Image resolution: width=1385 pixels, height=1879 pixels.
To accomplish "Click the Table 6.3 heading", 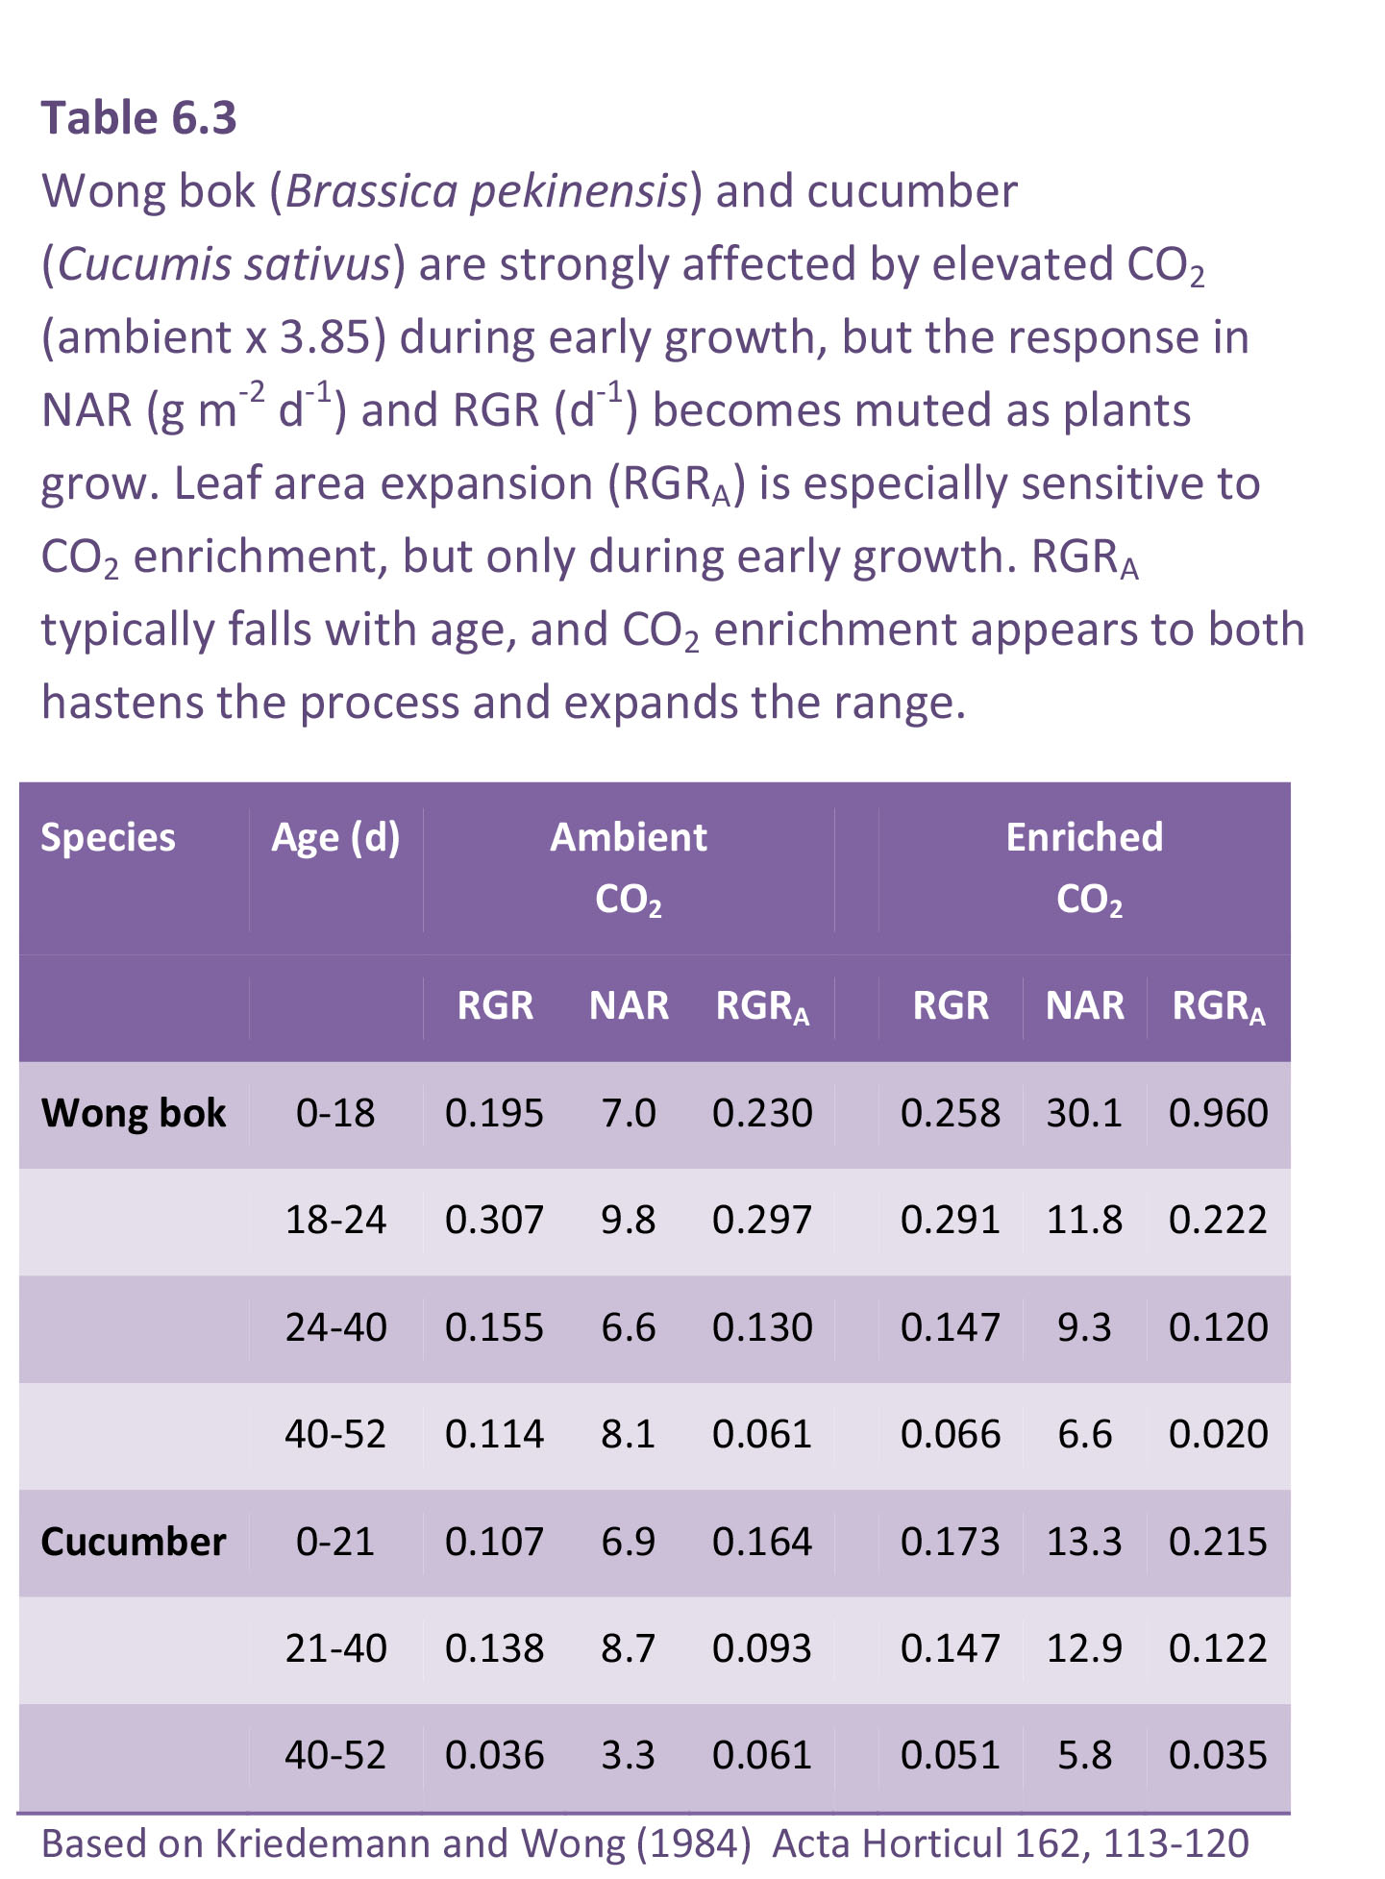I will [138, 118].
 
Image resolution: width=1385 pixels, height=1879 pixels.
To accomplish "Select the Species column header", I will [108, 837].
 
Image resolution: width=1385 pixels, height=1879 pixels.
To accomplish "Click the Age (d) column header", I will [335, 837].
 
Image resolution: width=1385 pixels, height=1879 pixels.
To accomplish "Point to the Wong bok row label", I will [134, 1113].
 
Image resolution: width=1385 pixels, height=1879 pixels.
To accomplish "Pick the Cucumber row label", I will [134, 1542].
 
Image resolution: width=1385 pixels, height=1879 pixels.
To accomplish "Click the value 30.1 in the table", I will [1084, 1113].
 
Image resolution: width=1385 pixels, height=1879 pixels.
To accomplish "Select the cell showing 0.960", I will [1219, 1113].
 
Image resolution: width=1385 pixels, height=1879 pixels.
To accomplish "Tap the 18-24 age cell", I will [335, 1221].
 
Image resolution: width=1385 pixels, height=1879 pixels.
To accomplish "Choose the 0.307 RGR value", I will [494, 1221].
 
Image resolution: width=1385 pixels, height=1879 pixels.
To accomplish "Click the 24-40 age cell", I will [335, 1328].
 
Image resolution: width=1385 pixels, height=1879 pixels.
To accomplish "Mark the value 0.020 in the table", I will [1219, 1435].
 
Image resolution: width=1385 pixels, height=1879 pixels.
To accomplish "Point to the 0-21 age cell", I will [335, 1542].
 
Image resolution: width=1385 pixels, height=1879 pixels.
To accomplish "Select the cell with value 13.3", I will [1084, 1542].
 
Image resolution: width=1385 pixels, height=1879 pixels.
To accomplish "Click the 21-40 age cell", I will [335, 1649].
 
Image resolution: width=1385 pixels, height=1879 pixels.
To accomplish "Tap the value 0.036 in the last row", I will [494, 1756].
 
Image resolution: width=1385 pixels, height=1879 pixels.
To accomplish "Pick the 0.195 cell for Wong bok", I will [494, 1113].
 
